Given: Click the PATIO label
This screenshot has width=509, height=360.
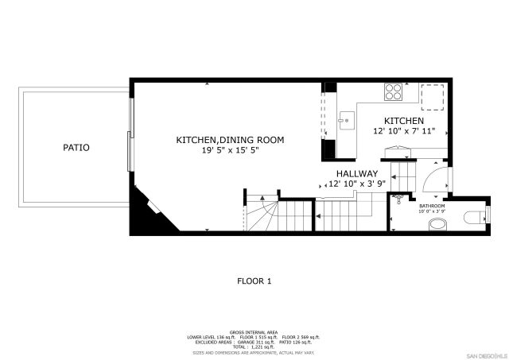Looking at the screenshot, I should (76, 148).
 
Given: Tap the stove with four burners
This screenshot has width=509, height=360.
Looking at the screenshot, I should (393, 91).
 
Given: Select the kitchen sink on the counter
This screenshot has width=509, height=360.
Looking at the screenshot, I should (346, 122).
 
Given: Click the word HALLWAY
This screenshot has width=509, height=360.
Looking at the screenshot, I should (356, 173).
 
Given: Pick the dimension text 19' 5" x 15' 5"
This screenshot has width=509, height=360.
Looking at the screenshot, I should (230, 150).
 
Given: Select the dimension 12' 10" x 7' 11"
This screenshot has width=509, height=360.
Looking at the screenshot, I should (404, 131).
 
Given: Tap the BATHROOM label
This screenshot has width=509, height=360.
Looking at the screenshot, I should (432, 207).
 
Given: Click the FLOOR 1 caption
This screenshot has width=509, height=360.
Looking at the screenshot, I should (254, 281).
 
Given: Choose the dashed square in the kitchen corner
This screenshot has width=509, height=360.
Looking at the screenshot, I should (433, 96).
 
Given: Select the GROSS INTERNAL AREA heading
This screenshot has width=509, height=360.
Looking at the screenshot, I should (254, 331).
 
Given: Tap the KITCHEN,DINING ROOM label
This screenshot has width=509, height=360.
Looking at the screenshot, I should (230, 140).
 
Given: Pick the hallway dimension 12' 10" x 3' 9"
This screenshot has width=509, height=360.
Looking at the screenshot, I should (356, 184).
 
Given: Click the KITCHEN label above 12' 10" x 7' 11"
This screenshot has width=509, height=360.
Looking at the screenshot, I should (404, 121).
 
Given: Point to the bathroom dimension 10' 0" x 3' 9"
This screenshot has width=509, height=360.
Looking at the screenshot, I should (432, 212).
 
